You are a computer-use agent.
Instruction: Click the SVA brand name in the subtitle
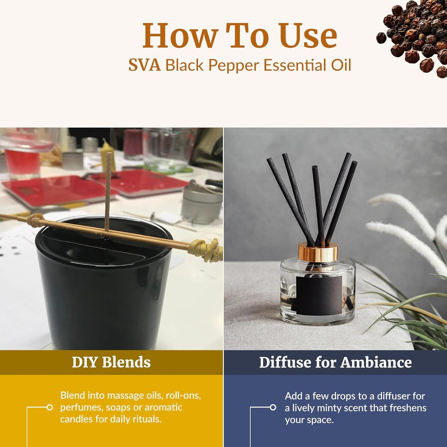tap(144, 65)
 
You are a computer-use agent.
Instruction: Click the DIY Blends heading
tap(111, 362)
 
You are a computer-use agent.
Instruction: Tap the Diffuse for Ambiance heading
tap(335, 362)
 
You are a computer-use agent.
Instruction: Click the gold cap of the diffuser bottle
tap(318, 252)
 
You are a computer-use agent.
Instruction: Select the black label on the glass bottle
tap(319, 294)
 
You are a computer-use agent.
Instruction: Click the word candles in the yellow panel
tap(74, 419)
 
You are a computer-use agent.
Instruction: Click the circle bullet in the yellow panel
tap(49, 407)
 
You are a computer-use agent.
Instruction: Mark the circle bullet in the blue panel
tap(273, 407)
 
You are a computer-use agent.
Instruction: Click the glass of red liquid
tap(22, 161)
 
